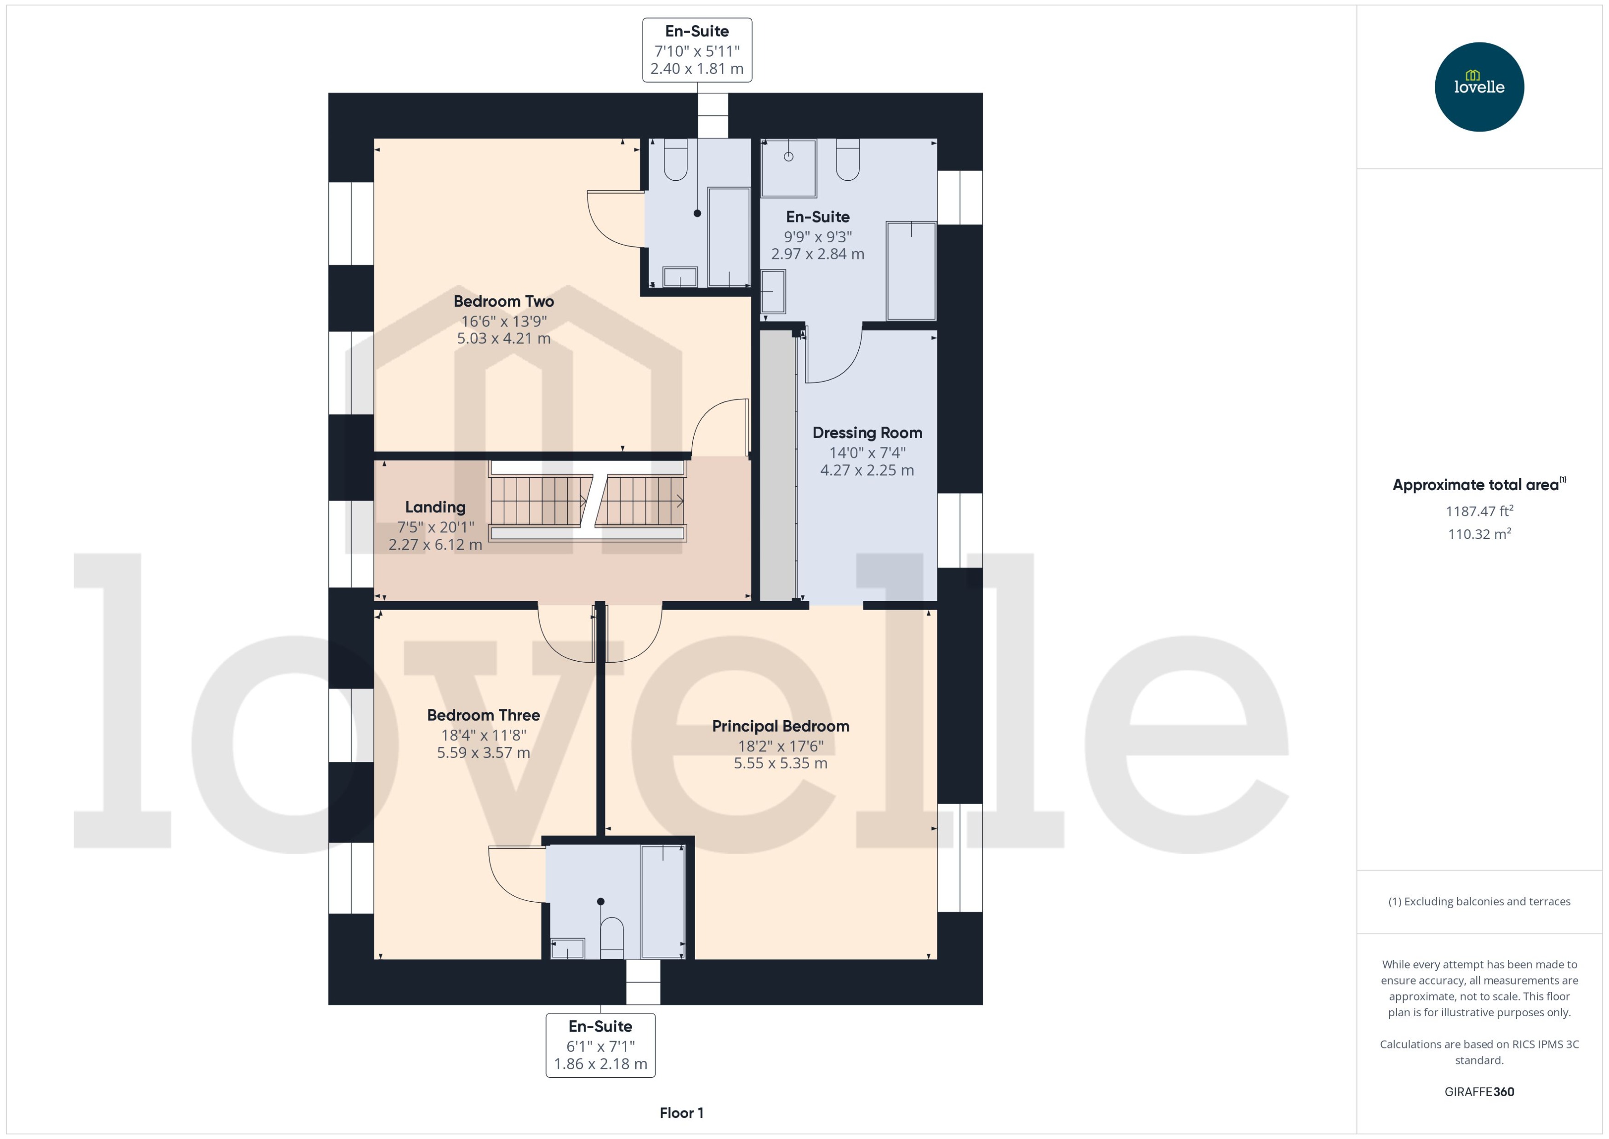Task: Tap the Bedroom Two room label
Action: [503, 302]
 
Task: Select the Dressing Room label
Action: [867, 433]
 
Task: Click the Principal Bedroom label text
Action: [780, 726]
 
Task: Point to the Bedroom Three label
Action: [483, 715]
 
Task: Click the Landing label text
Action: [435, 507]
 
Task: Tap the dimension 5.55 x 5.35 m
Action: [780, 763]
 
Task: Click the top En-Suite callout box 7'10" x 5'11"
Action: [697, 50]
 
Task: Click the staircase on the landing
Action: [586, 501]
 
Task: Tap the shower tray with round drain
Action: [789, 168]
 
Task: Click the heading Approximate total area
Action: [1477, 485]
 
